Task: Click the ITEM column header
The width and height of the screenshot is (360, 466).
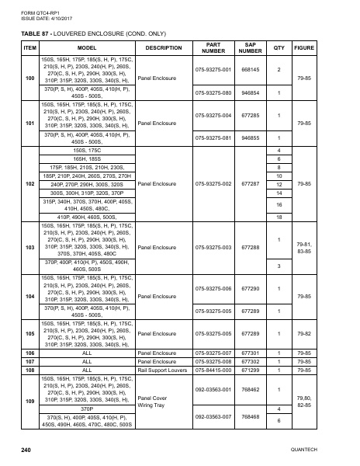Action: pos(30,47)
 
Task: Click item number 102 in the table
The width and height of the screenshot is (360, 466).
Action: pos(30,183)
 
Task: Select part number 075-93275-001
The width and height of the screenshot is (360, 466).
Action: pos(213,69)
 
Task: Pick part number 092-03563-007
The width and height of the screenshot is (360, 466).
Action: pos(213,416)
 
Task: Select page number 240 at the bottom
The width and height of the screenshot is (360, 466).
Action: pos(26,450)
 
